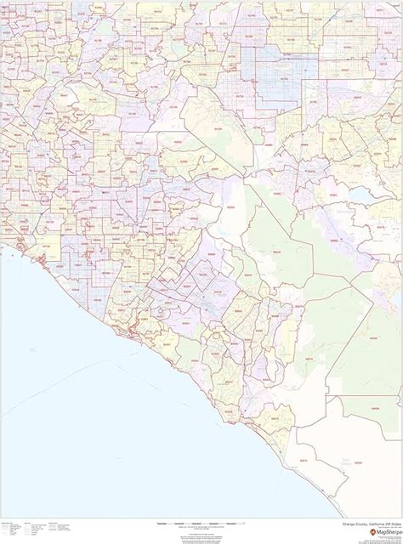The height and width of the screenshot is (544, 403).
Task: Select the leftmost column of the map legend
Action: click(x=12, y=530)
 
